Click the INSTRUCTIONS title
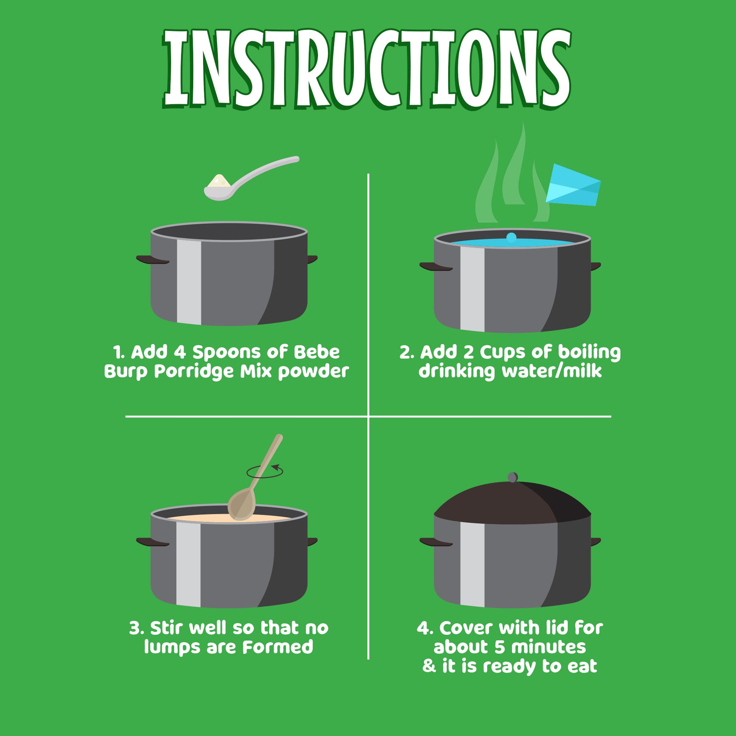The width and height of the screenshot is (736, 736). click(367, 69)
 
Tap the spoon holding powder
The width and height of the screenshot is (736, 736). click(252, 178)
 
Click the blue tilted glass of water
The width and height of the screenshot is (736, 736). click(573, 185)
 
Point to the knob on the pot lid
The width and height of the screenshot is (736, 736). click(513, 477)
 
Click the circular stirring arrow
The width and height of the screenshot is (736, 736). click(264, 472)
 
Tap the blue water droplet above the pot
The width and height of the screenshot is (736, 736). click(511, 238)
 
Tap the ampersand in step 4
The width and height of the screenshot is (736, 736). click(429, 666)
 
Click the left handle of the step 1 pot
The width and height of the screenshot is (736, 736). click(152, 259)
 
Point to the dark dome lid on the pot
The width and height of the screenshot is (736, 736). click(512, 502)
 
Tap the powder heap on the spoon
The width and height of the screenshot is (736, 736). click(218, 181)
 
